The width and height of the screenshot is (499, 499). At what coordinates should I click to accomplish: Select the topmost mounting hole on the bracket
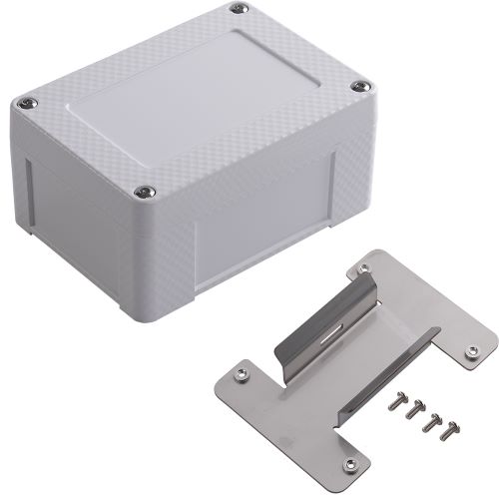tap(364, 266)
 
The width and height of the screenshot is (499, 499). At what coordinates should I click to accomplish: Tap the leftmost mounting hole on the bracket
tap(241, 374)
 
